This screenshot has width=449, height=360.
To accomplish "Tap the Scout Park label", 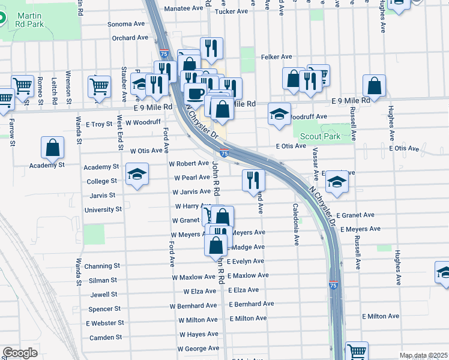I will click(320, 136).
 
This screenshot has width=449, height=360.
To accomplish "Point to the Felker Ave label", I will click(276, 57).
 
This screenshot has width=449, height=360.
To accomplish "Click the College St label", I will click(101, 181).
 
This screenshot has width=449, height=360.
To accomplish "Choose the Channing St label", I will click(102, 266).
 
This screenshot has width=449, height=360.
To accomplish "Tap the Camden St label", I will click(106, 338).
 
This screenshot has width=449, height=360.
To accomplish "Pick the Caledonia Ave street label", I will click(296, 224).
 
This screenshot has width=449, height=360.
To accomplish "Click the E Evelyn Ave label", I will click(246, 261).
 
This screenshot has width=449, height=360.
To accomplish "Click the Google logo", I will click(20, 353).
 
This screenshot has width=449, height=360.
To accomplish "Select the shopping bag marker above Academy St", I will click(53, 147).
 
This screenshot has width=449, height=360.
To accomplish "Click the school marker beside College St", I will click(137, 175).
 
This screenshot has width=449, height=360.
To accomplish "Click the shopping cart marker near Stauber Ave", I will click(99, 85).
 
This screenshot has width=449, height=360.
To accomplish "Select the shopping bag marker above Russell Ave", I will click(374, 86).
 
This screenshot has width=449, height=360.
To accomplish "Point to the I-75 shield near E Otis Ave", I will click(224, 154).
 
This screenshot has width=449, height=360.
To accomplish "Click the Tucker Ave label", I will click(231, 11).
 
